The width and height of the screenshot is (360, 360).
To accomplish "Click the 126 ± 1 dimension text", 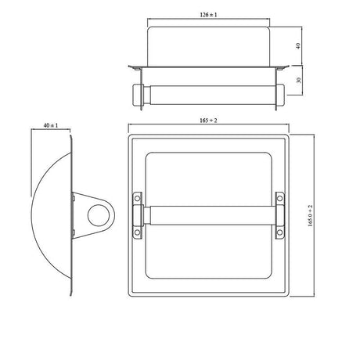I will pos(208,14).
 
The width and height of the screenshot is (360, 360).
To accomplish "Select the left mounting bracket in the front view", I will pos(139,215).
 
